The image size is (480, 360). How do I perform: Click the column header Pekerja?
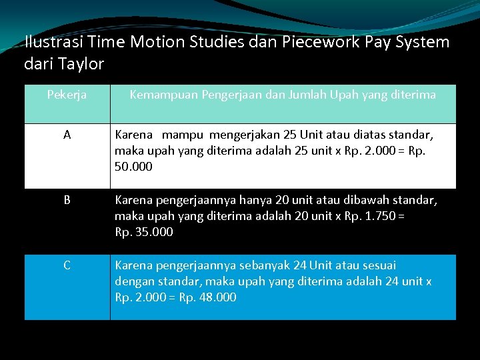pyautogui.click(x=67, y=95)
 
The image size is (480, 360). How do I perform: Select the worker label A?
pyautogui.click(x=67, y=135)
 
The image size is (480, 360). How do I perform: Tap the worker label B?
pyautogui.click(x=67, y=199)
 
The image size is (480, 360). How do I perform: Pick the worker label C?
pyautogui.click(x=67, y=265)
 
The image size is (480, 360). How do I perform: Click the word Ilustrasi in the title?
pyautogui.click(x=49, y=43)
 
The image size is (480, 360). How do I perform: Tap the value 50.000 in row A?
pyautogui.click(x=133, y=167)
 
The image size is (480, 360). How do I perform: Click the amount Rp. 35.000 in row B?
pyautogui.click(x=144, y=232)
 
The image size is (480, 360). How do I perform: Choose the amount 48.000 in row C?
pyautogui.click(x=218, y=297)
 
